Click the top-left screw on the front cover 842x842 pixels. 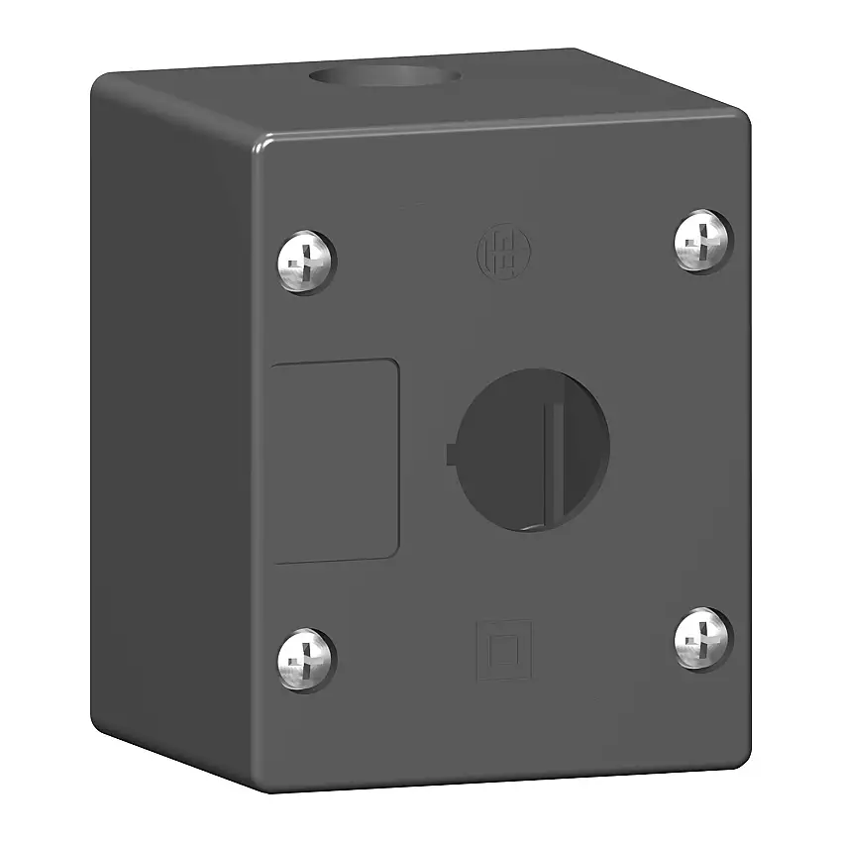305,262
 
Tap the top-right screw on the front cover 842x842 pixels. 703,241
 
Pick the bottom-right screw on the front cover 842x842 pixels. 703,638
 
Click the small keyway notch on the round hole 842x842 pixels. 453,455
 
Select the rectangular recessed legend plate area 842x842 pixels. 335,462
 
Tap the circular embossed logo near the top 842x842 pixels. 497,248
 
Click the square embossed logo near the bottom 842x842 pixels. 504,650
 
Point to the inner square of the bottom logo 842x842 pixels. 504,650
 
